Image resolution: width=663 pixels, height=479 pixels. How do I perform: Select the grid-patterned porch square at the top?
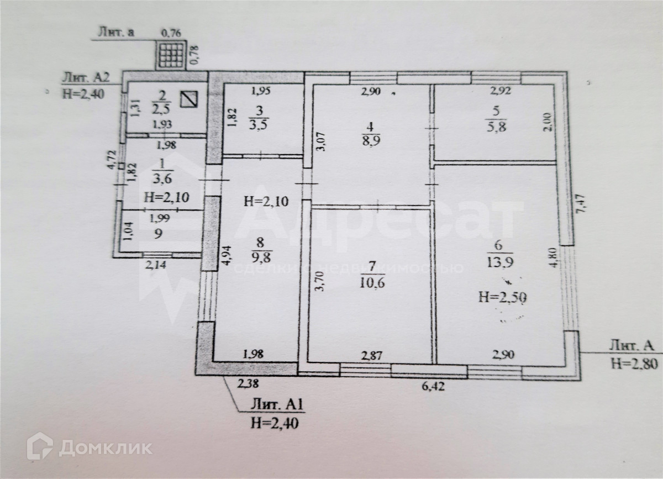(171, 54)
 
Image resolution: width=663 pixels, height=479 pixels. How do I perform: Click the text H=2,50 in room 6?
(502, 298)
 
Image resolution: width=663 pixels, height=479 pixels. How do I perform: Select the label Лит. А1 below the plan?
(272, 406)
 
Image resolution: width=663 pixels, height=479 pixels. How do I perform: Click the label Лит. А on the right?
(632, 346)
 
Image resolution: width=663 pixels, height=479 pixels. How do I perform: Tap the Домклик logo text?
(105, 446)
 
